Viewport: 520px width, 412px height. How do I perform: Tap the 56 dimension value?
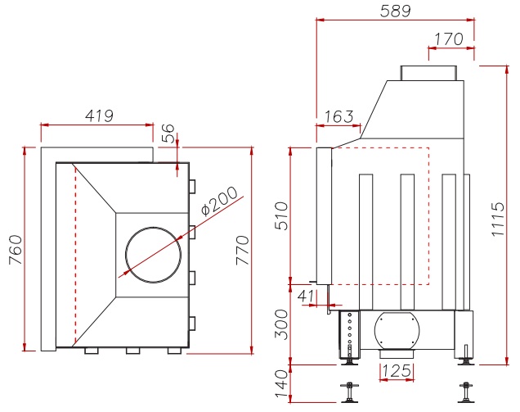click(168, 134)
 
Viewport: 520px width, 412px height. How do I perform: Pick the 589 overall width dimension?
click(395, 11)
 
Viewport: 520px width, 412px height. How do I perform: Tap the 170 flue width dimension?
click(449, 38)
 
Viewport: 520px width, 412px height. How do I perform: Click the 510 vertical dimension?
click(282, 215)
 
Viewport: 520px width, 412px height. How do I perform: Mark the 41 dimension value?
click(307, 293)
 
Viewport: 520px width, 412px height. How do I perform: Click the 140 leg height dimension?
click(282, 385)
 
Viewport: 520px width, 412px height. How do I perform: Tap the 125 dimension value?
click(397, 370)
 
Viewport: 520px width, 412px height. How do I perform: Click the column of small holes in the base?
click(351, 328)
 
